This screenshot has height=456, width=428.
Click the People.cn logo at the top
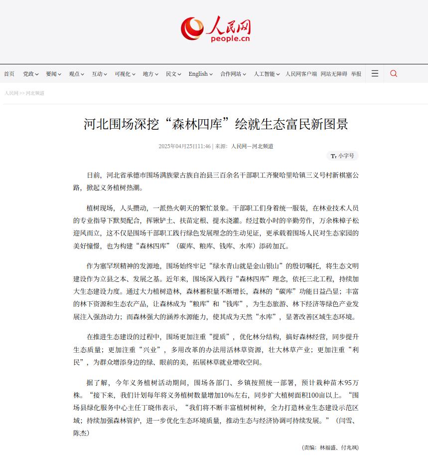(215, 29)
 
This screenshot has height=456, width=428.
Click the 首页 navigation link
(9, 74)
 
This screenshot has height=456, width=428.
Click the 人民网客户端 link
(301, 74)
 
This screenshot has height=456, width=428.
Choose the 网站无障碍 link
(334, 74)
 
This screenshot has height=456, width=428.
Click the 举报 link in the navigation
(356, 74)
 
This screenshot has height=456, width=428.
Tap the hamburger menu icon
(375, 74)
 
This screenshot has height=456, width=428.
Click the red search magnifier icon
(394, 74)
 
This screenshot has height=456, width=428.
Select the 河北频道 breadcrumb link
(35, 93)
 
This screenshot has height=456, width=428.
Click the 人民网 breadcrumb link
(11, 93)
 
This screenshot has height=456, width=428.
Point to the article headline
(216, 124)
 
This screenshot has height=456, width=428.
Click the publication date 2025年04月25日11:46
(184, 146)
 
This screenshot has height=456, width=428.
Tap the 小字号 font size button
(342, 156)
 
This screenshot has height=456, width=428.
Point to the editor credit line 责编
(330, 448)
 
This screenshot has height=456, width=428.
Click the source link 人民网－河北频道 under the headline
(252, 146)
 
